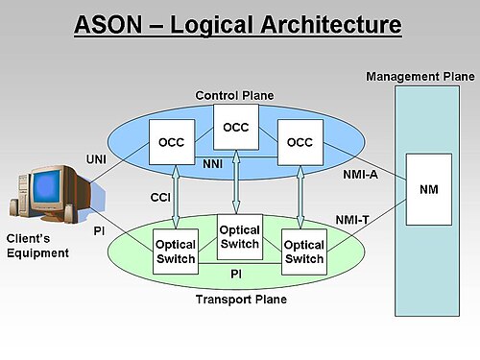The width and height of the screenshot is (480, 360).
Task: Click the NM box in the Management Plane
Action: coord(429,189)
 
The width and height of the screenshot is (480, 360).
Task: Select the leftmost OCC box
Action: coord(172,142)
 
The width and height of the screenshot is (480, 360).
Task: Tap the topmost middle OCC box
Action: coord(236,127)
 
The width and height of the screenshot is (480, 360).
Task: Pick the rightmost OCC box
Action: coord(300,142)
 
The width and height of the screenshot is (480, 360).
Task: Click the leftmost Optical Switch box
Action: coord(176,252)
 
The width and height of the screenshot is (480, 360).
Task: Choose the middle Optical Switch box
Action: coord(240,237)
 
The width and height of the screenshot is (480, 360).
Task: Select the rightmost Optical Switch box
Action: coord(304,252)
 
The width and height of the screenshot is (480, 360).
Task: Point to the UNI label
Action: coord(96,159)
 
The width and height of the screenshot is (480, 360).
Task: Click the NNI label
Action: coord(213,164)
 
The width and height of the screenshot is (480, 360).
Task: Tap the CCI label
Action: coord(160,198)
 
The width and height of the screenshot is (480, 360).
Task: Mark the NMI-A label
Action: coord(361,175)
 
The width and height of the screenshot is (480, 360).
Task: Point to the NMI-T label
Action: coord(352,220)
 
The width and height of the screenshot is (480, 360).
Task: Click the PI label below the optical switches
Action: coord(236,274)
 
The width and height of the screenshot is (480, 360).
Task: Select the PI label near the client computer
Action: coord(99,230)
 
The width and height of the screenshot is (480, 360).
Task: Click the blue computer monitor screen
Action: coord(47,186)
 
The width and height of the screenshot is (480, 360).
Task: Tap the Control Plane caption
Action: coord(234,95)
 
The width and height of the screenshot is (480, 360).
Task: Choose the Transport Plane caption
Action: coord(241,300)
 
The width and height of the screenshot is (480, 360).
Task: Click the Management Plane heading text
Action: coord(420,77)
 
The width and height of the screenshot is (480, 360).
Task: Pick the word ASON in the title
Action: coord(108,25)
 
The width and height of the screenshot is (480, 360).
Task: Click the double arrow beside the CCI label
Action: coord(176,197)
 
